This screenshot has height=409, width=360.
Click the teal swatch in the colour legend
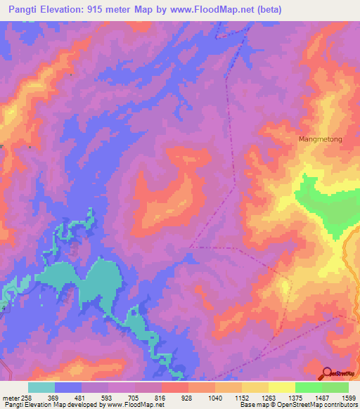[x=41, y=387]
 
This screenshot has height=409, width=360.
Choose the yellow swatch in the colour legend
[x=282, y=387]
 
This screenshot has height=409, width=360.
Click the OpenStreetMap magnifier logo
[x=327, y=373]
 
